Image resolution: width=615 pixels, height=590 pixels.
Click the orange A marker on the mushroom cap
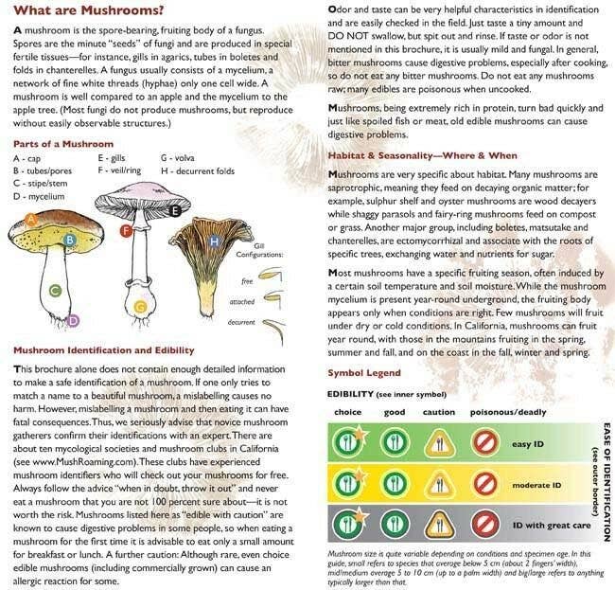pyautogui.click(x=31, y=220)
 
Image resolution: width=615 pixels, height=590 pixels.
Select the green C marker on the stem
pyautogui.click(x=56, y=289)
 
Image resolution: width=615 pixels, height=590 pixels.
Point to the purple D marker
pyautogui.click(x=73, y=322)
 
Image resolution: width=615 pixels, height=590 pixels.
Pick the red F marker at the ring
pyautogui.click(x=126, y=230)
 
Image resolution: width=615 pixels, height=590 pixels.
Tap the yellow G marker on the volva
pyautogui.click(x=140, y=306)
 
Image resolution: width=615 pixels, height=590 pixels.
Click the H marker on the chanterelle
pyautogui.click(x=215, y=242)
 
